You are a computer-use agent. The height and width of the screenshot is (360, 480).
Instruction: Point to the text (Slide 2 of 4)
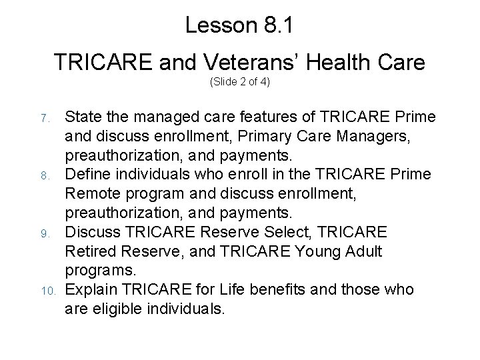[x=240, y=83]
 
